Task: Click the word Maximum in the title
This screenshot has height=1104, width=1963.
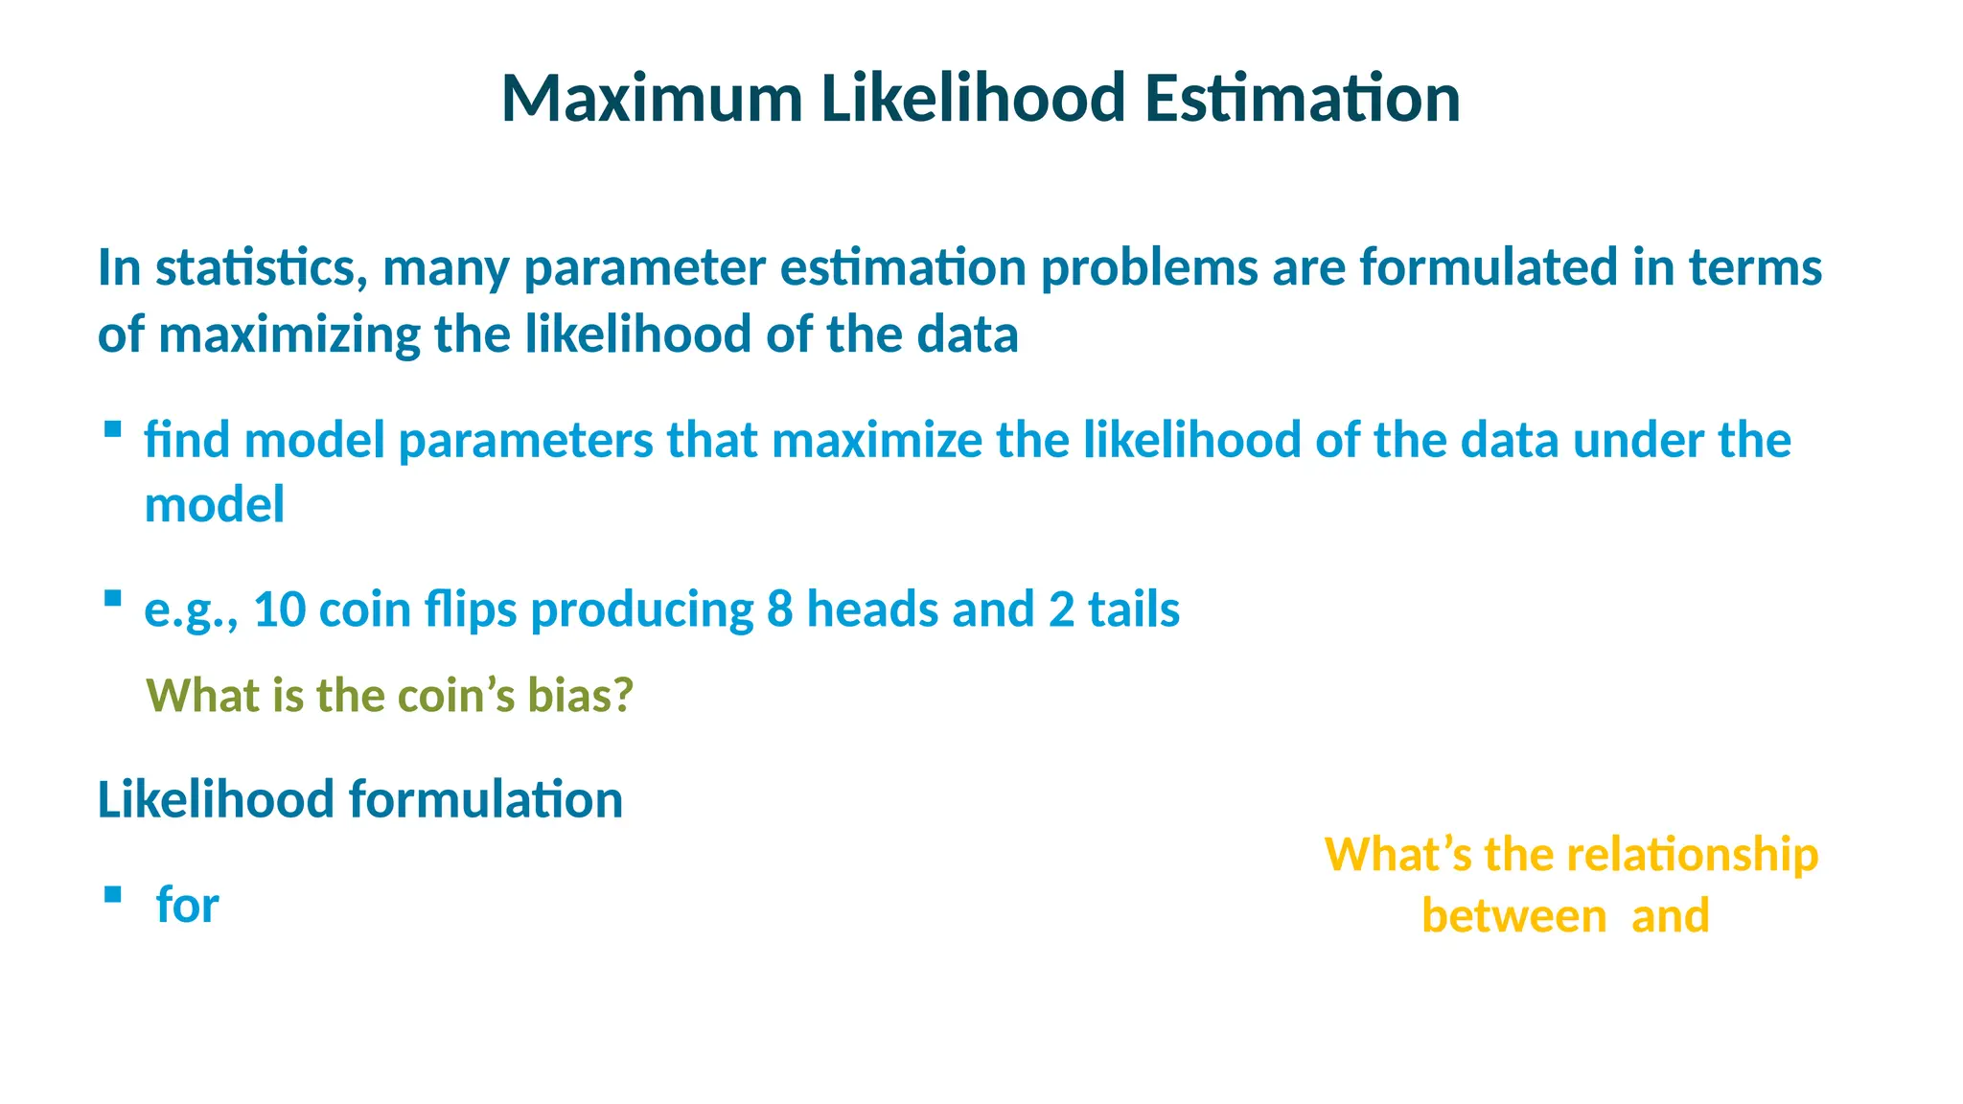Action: [652, 99]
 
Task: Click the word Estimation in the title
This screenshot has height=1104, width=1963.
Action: [1303, 99]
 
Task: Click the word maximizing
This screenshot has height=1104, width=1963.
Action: [289, 335]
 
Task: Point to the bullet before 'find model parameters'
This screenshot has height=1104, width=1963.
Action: [113, 429]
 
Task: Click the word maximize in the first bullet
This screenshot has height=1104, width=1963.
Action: [877, 441]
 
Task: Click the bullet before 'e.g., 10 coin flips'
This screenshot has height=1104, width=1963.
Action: [113, 599]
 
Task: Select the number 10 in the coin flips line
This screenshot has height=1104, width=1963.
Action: [279, 609]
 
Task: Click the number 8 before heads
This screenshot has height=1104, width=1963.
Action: [779, 609]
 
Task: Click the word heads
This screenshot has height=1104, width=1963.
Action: [872, 609]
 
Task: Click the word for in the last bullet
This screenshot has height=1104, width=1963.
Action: [188, 905]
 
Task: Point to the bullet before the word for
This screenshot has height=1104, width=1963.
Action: [113, 894]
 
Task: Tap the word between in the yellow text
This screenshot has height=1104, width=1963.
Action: [1513, 916]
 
